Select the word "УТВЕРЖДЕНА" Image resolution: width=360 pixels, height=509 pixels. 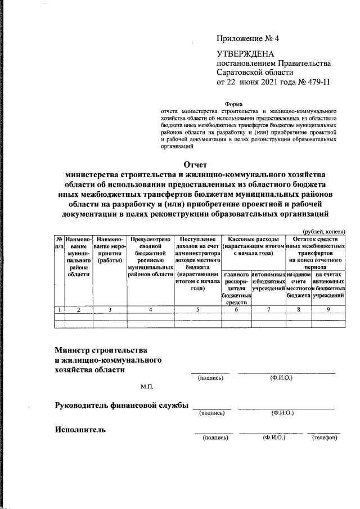click(x=245, y=54)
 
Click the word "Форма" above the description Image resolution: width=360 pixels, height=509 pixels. click(x=235, y=104)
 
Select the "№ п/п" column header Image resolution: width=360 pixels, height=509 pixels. click(x=59, y=243)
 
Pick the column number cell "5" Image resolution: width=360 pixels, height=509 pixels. click(x=197, y=309)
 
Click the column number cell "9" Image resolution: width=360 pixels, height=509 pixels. click(x=328, y=309)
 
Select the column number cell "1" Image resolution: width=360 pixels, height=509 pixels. click(x=59, y=309)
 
